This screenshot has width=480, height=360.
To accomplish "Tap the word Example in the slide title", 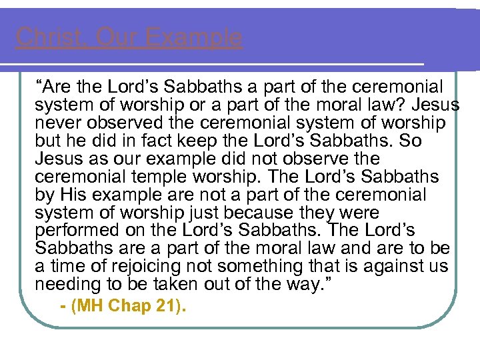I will point(194,37).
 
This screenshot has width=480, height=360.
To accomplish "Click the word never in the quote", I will point(57,123).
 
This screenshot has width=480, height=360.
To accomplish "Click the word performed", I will point(73,231).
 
